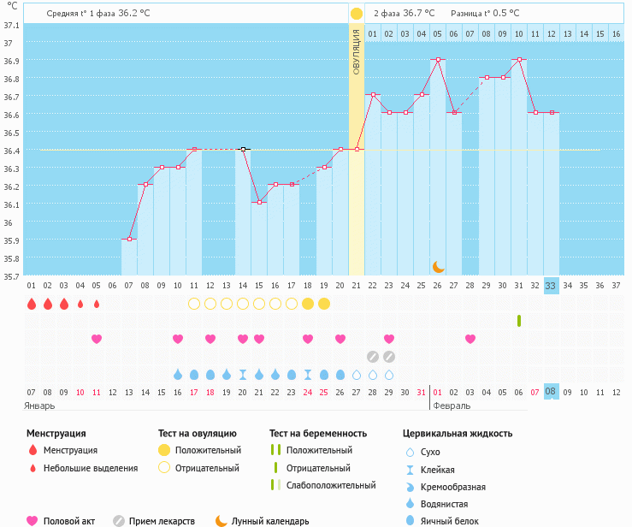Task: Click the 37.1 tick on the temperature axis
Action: [11, 25]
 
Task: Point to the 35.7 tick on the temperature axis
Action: [11, 276]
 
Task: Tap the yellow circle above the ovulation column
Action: [357, 14]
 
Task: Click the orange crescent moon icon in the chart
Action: [439, 266]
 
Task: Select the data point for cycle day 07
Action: [129, 240]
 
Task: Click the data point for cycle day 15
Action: [259, 203]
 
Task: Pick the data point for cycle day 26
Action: [438, 59]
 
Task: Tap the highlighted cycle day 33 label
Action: [551, 286]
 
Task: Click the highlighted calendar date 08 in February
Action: [551, 391]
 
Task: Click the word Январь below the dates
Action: [39, 406]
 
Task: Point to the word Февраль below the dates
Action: [452, 406]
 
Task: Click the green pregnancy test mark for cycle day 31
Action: [519, 321]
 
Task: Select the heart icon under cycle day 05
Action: [97, 339]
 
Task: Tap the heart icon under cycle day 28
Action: [470, 339]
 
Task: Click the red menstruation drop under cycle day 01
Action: [32, 304]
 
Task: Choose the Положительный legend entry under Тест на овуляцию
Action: [208, 450]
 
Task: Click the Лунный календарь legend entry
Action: [270, 520]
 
